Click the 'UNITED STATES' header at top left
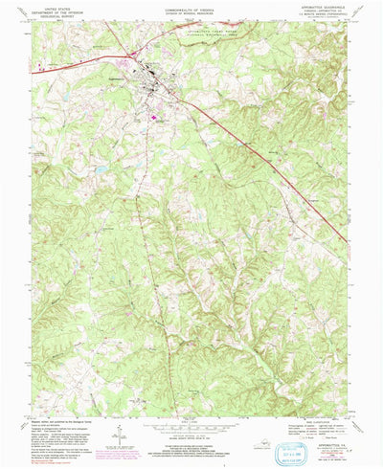pyautogui.click(x=51, y=6)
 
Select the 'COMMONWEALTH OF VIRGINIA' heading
pyautogui.click(x=191, y=6)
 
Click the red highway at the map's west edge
pyautogui.click(x=40, y=70)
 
